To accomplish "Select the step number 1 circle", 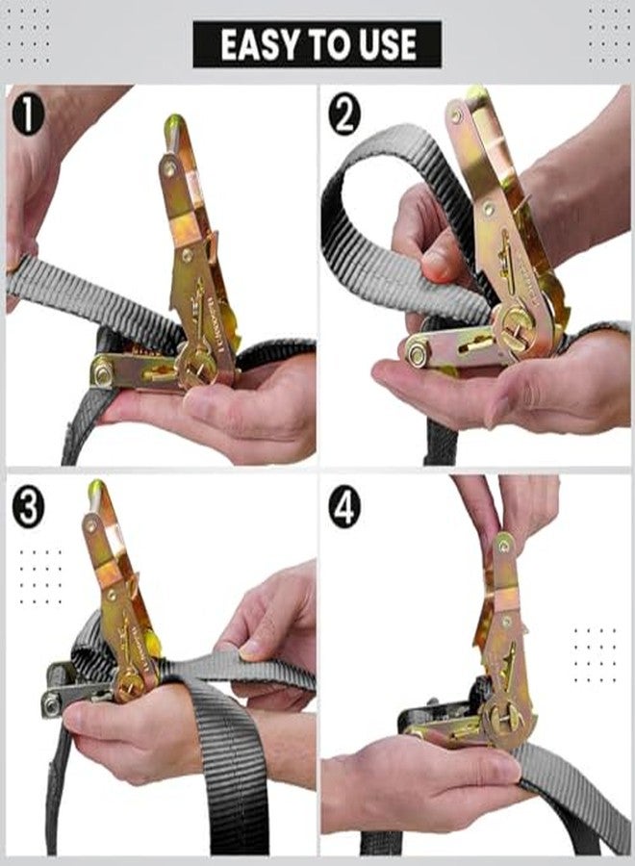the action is click(x=28, y=115).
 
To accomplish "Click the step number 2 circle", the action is click(x=344, y=115).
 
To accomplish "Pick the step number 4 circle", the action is click(x=344, y=506).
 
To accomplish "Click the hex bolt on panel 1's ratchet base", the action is click(x=103, y=372).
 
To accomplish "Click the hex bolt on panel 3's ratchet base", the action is click(x=51, y=704).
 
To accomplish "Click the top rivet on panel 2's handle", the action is click(x=455, y=115).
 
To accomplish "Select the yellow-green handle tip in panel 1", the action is click(x=174, y=122).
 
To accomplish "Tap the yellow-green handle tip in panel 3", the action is click(x=96, y=488).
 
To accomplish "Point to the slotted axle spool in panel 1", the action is click(x=197, y=368).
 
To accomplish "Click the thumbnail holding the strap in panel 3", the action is click(x=252, y=650).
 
